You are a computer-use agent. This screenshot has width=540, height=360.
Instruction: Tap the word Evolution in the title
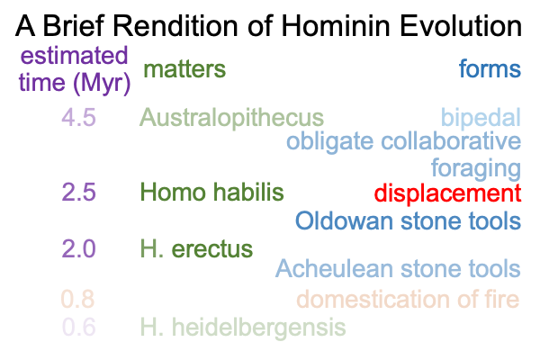tap(461, 26)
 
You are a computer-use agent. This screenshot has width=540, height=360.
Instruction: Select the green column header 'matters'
tap(184, 69)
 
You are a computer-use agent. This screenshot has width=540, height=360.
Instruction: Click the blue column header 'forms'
tap(490, 68)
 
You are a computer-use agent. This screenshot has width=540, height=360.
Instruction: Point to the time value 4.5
tap(79, 117)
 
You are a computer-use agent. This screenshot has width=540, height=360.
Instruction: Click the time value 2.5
tap(79, 192)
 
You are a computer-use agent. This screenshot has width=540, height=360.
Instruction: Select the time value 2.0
tap(79, 248)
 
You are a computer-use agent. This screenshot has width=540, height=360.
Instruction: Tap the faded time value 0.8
tap(77, 299)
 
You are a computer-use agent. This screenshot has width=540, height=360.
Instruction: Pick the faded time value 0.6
tap(79, 327)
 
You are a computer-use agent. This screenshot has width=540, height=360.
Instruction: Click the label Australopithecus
tap(232, 118)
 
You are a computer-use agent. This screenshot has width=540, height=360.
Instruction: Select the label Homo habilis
tap(212, 192)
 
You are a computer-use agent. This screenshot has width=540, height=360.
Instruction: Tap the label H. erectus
tap(196, 248)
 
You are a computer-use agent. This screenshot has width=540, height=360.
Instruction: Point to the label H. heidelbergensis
tap(243, 328)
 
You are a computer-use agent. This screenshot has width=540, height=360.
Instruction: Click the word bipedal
tap(481, 118)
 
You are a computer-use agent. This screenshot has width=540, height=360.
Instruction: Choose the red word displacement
tap(447, 193)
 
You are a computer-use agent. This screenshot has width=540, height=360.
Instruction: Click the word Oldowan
tap(345, 220)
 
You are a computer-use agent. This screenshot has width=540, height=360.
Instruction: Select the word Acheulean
tap(334, 269)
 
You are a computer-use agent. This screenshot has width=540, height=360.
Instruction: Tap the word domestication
tap(373, 299)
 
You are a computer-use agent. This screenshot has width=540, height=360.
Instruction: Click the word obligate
tap(330, 142)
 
